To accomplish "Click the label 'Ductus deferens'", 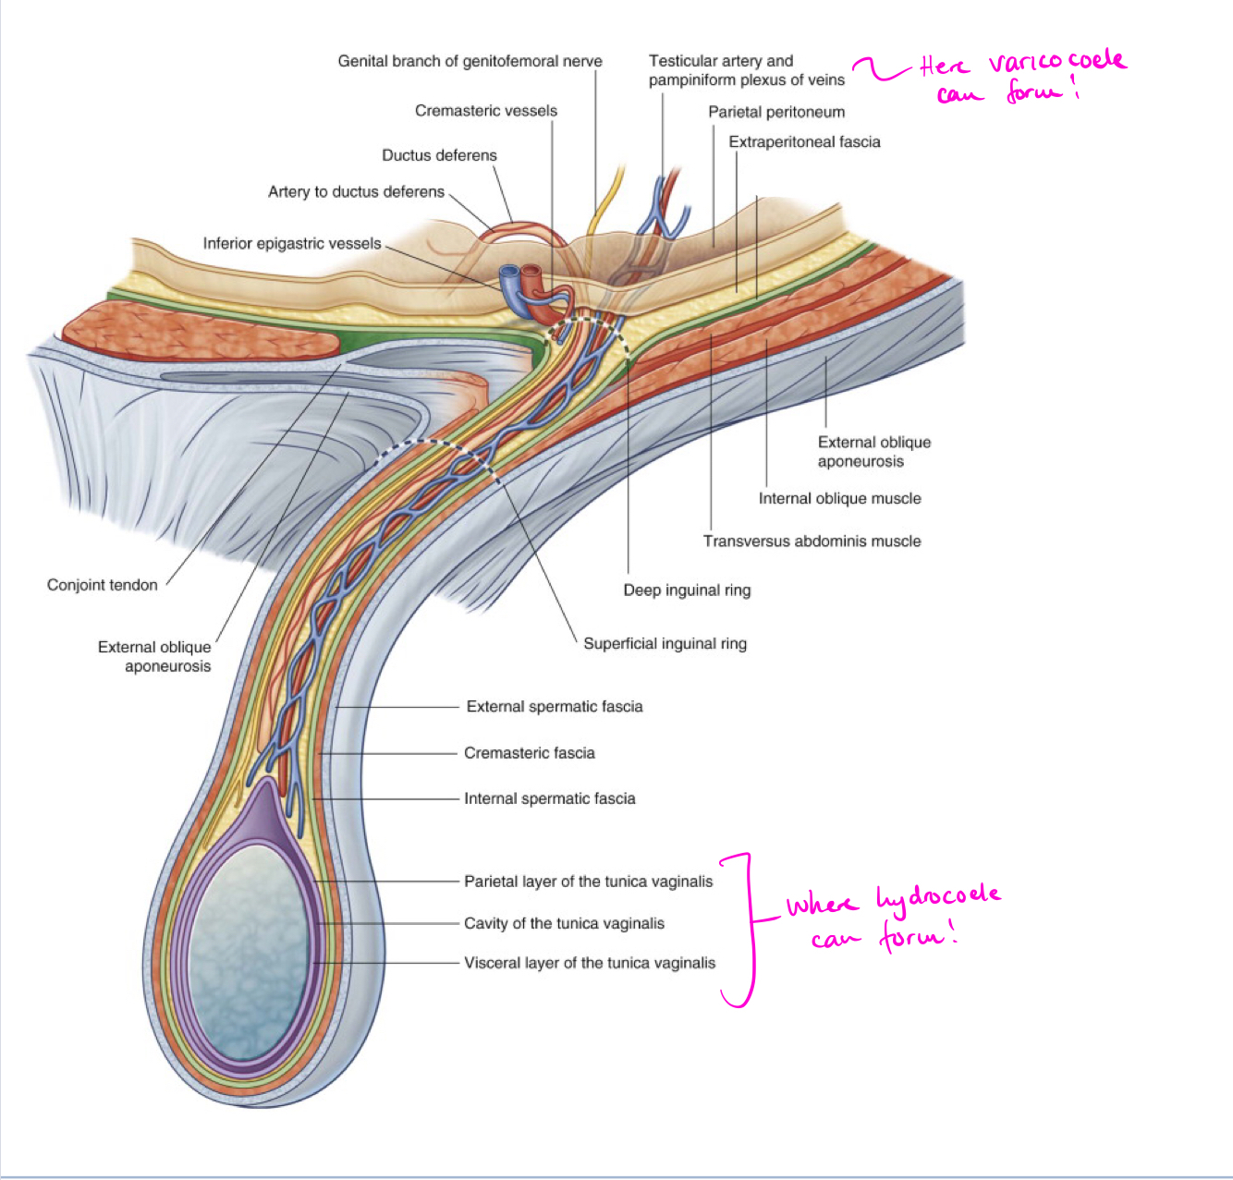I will (439, 155).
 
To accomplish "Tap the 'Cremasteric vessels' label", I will (486, 111).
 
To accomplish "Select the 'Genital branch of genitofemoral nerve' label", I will (470, 61).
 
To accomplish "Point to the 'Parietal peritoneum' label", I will (776, 112).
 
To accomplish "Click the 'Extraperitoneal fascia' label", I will (804, 141).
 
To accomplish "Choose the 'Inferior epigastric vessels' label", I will (292, 243).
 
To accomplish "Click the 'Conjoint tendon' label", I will (103, 585).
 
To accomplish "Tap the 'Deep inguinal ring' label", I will (687, 590).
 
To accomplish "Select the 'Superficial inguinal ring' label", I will (665, 644).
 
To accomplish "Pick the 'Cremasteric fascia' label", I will (530, 753).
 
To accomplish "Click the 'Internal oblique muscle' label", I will (839, 499).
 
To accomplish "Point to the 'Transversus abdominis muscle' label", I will (812, 541).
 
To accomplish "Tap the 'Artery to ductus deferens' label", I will (356, 192).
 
